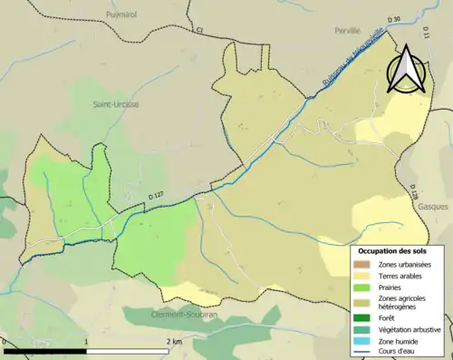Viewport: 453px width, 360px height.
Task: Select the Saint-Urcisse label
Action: pyautogui.click(x=115, y=104)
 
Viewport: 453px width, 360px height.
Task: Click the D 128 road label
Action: pyautogui.click(x=413, y=193)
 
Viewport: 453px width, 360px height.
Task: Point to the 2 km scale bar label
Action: pyautogui.click(x=175, y=341)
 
